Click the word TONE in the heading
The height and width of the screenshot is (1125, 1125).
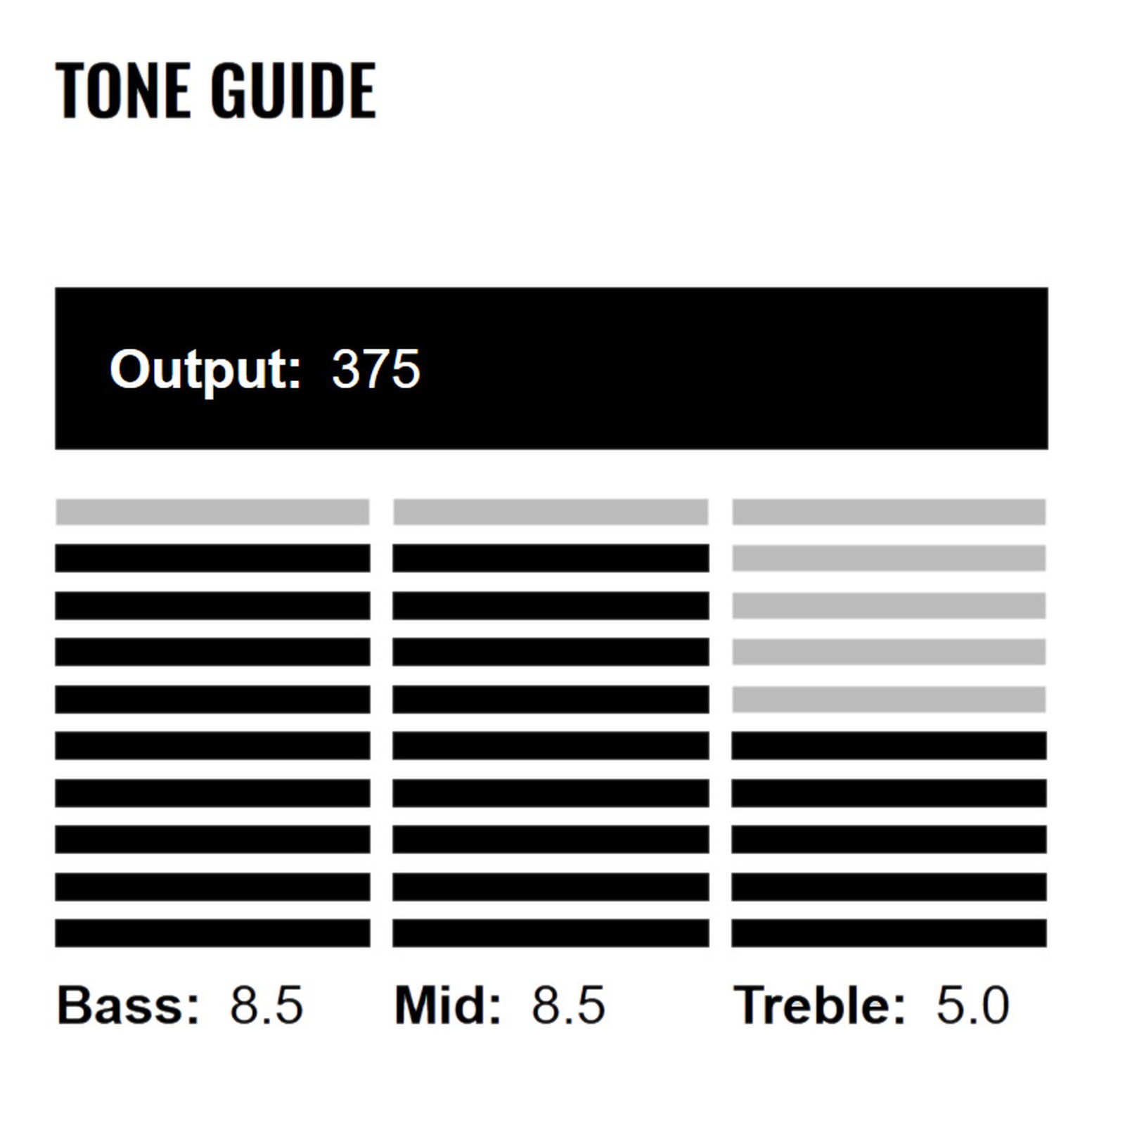[x=122, y=90]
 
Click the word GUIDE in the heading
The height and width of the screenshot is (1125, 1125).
[x=293, y=90]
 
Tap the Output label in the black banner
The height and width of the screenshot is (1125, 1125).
[x=205, y=370]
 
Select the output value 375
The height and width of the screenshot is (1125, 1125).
[x=376, y=368]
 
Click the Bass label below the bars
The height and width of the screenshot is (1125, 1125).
[x=128, y=1005]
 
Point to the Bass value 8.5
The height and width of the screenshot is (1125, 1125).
[x=266, y=1005]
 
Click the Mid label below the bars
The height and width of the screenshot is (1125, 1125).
[x=448, y=1005]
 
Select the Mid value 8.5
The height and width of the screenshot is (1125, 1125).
[x=568, y=1005]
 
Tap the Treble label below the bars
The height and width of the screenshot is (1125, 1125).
[x=819, y=1005]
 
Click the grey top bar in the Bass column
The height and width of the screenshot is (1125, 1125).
[x=212, y=512]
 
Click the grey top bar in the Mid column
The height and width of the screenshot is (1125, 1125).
[x=551, y=512]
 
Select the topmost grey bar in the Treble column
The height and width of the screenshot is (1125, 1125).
[x=889, y=512]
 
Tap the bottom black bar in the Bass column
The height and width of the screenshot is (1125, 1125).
[x=212, y=933]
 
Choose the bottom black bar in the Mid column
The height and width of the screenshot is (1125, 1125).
[x=551, y=933]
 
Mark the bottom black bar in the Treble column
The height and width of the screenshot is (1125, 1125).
[x=889, y=933]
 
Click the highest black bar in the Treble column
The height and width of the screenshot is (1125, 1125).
[x=889, y=745]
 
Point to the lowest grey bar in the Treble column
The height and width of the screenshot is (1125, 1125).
[x=889, y=700]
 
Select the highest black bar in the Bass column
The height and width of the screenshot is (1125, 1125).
[x=212, y=558]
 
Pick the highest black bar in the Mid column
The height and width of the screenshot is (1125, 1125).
[x=551, y=558]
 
